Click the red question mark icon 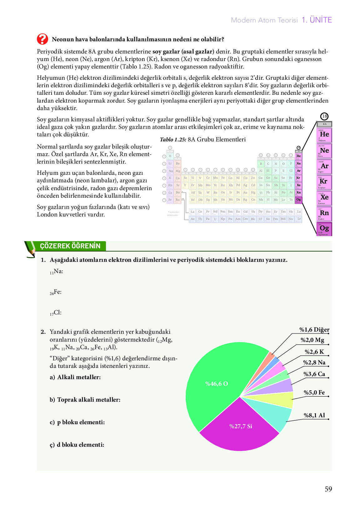tap(42, 39)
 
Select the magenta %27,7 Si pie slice tap(240, 427)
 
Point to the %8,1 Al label tap(314, 415)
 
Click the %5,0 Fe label tap(314, 393)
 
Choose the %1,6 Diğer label tap(314, 330)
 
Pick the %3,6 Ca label tap(314, 374)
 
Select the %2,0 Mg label tap(312, 340)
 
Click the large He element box tap(324, 135)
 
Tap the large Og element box tap(324, 229)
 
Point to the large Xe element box tap(324, 198)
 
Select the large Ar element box tap(324, 166)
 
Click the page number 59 tap(328, 489)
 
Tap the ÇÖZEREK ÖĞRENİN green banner tap(70, 246)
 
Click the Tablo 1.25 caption tap(203, 140)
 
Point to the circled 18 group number tap(324, 116)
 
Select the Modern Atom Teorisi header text tap(264, 20)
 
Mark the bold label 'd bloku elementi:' tap(80, 445)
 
